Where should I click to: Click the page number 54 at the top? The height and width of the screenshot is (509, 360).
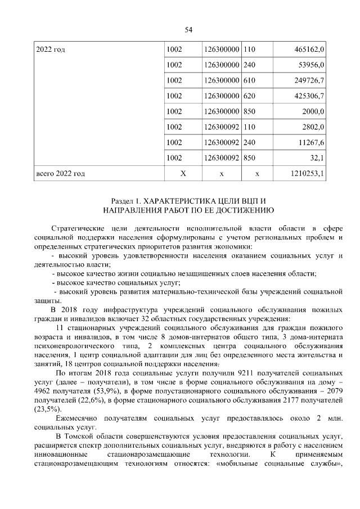[x=188, y=30]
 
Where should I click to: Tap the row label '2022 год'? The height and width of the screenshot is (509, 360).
[x=50, y=50]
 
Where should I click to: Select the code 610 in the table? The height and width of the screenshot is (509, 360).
[x=249, y=81]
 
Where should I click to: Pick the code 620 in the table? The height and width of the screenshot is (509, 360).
[x=249, y=96]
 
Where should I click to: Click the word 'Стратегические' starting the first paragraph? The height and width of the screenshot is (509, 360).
[x=77, y=228]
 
